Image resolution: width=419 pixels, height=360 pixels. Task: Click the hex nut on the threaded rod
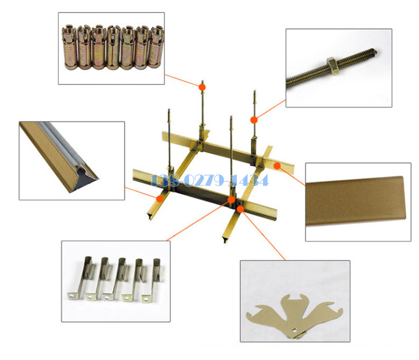[x=332, y=62]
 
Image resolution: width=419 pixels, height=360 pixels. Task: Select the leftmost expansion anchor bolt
[x=70, y=47]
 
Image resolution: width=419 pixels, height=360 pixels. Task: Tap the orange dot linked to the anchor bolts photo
[x=203, y=87]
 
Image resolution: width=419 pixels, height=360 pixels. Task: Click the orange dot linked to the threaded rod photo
[x=254, y=120]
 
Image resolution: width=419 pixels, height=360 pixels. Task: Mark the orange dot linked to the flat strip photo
[x=277, y=166]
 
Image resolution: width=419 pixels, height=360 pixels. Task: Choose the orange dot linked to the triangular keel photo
[x=159, y=198]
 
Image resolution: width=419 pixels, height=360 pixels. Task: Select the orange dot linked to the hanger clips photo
[x=231, y=199]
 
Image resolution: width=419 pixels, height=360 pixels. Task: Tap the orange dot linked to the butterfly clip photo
[x=240, y=209]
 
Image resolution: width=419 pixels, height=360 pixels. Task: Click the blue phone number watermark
[x=210, y=180]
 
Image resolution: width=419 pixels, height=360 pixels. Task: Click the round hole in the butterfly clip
[x=294, y=330]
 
